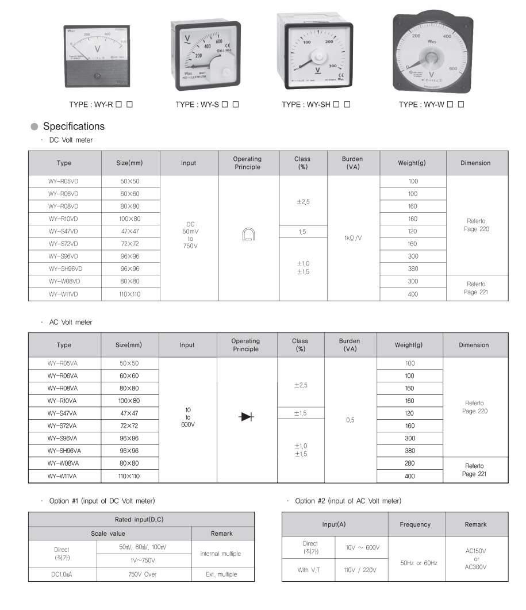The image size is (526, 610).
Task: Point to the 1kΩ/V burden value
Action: [x=352, y=237]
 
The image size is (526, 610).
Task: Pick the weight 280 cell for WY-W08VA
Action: [x=409, y=463]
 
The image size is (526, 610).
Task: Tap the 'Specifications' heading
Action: [x=74, y=126]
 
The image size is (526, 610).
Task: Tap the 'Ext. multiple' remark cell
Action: [x=221, y=574]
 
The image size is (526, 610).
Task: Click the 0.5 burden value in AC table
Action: [x=350, y=420]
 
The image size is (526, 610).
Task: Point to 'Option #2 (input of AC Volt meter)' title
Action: [x=348, y=501]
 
